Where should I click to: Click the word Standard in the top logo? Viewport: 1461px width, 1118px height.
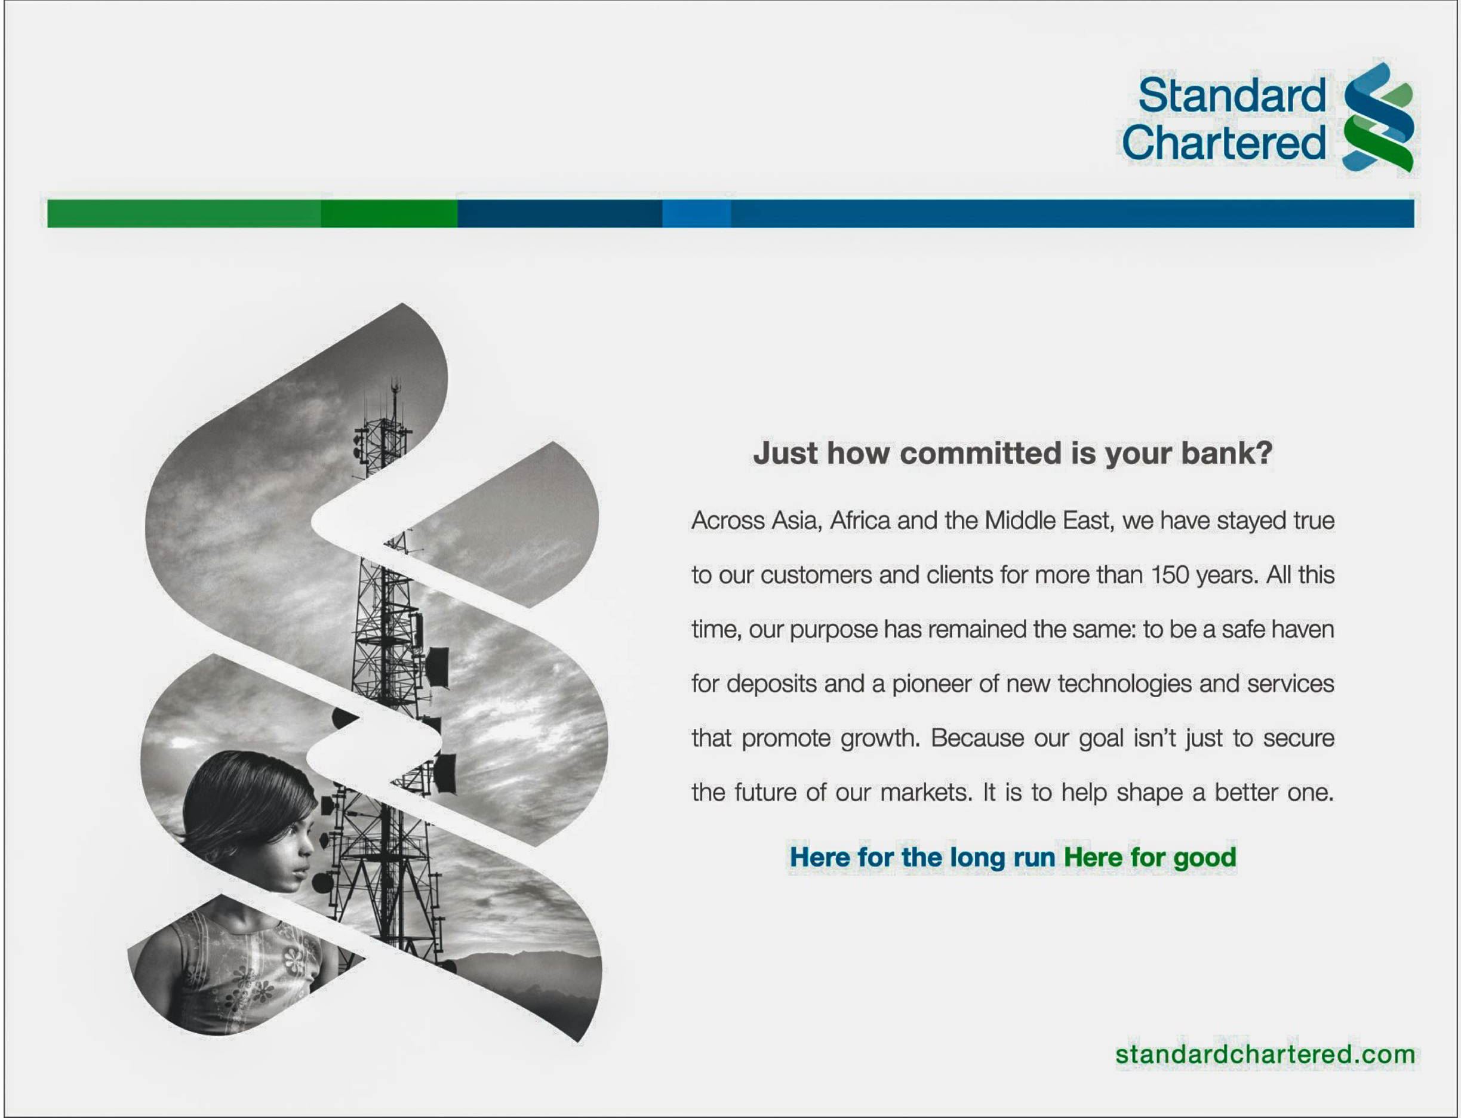[1232, 95]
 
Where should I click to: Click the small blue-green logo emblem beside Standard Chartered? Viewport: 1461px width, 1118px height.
[1379, 118]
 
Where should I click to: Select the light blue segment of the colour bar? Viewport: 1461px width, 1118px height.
[696, 214]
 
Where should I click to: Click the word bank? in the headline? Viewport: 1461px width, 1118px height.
[1227, 453]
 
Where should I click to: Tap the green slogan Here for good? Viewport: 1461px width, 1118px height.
[1149, 858]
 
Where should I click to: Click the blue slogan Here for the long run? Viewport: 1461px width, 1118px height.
[922, 858]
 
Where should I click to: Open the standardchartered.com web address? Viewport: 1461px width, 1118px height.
[1265, 1055]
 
